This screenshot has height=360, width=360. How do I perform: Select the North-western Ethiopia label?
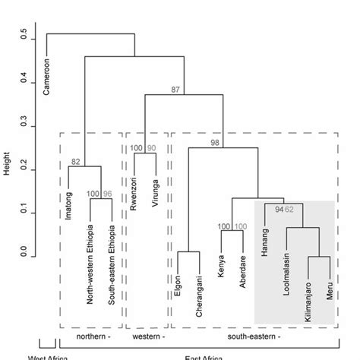click(90, 264)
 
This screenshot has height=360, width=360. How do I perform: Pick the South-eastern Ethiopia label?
click(112, 264)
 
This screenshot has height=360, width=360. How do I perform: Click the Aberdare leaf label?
click(242, 268)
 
